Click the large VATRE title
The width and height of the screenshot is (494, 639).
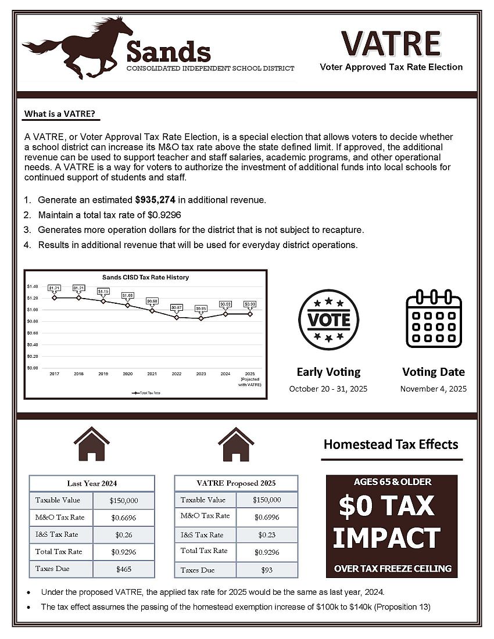pos(391,43)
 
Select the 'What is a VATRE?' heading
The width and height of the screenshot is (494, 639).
pos(60,113)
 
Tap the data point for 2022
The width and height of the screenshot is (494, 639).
pos(177,317)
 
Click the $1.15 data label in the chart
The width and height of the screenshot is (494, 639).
pos(103,291)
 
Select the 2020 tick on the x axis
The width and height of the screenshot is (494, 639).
pos(128,374)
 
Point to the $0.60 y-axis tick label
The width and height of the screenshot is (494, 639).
pos(32,333)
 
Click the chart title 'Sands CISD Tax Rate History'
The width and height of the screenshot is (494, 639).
pos(145,278)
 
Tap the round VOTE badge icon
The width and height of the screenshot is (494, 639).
pos(328,319)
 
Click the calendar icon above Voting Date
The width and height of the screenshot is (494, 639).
pos(434,319)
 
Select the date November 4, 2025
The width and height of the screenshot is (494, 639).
pos(434,389)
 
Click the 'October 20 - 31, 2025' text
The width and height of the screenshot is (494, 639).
pos(328,389)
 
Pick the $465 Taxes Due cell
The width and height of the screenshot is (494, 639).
pos(123,569)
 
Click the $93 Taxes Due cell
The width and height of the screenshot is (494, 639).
pos(267,570)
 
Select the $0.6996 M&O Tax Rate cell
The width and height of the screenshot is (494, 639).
pos(267,516)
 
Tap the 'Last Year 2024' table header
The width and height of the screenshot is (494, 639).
pos(92,483)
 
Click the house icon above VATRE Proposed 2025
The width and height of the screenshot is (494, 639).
pos(236,444)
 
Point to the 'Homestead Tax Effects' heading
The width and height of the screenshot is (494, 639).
pos(391,445)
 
